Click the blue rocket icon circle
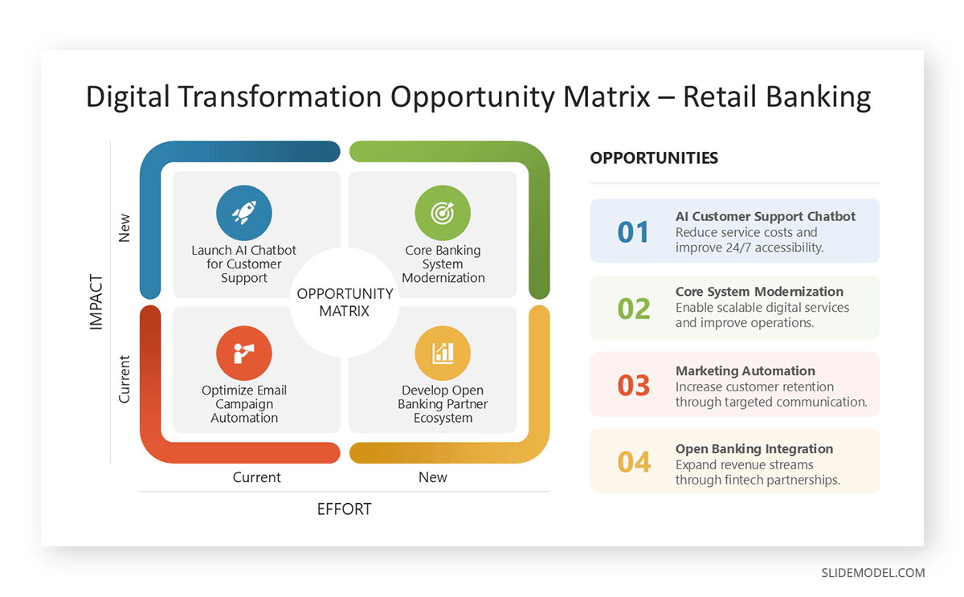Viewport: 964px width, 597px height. coord(244,213)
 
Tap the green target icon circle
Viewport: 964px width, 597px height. coord(443,213)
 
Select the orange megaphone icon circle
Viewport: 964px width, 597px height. coord(244,354)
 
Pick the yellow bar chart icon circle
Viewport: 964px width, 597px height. coord(443,354)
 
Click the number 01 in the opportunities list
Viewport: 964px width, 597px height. coord(633,232)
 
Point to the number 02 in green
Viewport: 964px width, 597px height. coord(633,309)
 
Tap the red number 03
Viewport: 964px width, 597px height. coord(633,386)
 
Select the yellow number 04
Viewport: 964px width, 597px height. coord(633,462)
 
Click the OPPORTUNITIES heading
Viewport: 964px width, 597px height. coord(654,158)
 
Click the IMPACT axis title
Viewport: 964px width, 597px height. coord(96,302)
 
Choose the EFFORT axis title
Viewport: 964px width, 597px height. coord(344,509)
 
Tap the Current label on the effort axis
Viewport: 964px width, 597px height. coord(256,477)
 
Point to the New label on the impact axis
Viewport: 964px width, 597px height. coord(124,227)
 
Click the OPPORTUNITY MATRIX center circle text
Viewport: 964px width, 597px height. coord(345,302)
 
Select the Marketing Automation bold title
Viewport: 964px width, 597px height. coord(745,371)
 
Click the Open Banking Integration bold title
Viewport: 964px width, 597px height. coord(754,449)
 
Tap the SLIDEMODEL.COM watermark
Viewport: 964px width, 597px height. coord(872,573)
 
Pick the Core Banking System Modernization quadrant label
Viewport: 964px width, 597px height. coord(443,264)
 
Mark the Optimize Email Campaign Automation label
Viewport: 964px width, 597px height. coord(244,404)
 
